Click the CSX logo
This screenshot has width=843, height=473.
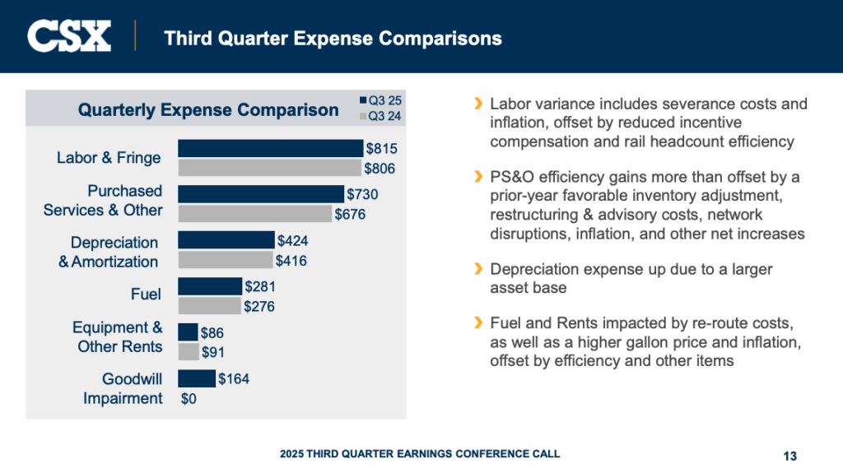coord(69,36)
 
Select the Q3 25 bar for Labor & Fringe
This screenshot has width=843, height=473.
coord(270,148)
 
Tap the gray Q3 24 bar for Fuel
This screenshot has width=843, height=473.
coord(209,306)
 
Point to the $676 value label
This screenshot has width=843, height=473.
coord(350,214)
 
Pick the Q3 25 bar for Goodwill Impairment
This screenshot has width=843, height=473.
coord(196,378)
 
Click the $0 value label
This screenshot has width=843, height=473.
coord(189,399)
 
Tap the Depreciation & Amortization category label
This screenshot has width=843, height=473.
coord(109,252)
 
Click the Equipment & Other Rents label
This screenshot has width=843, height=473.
coord(119,337)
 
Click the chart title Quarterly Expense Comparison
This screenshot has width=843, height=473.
coord(208,109)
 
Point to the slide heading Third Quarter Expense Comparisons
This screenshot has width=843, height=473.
coord(333,38)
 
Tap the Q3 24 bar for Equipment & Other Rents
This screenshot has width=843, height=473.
coord(189,352)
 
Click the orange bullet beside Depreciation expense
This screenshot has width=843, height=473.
coord(477,269)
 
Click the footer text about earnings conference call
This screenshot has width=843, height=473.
coord(420,454)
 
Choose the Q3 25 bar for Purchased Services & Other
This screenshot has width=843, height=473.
coord(261,194)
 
